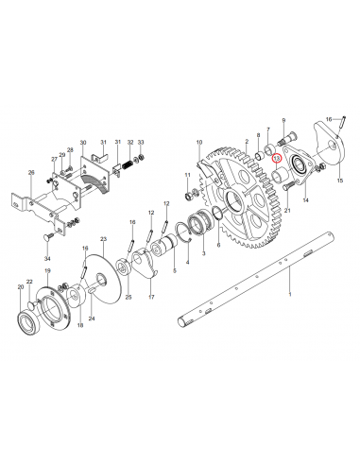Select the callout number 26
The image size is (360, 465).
click(31, 173)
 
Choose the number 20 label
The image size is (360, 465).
click(21, 286)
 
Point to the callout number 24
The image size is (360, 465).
click(92, 319)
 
